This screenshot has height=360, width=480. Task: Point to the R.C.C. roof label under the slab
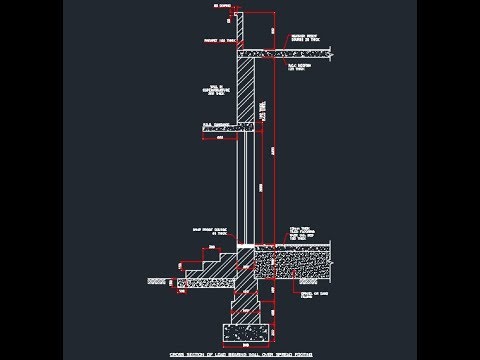point(299,68)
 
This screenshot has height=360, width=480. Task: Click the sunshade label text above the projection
point(216,122)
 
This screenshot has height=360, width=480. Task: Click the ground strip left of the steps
point(156,282)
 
